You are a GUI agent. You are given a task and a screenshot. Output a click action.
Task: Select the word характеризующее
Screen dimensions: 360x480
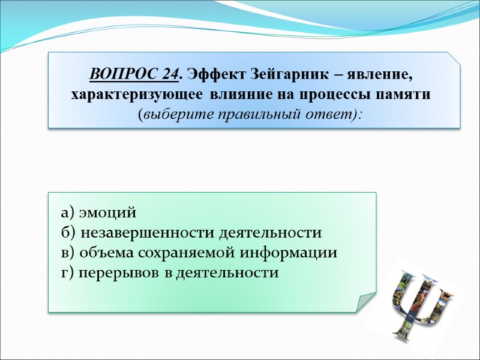(x=138, y=95)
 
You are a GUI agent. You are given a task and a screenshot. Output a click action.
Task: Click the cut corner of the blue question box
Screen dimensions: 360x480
(x=454, y=58)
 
